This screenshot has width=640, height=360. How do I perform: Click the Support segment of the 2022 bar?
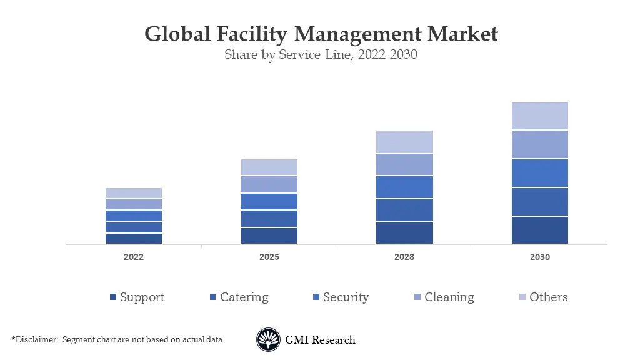point(134,238)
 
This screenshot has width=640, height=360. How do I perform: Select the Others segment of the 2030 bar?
point(539,116)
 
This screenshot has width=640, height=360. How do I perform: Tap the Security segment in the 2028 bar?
point(404,187)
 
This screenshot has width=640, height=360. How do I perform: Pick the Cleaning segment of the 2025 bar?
point(269,184)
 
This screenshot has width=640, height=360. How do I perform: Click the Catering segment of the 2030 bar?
point(539,201)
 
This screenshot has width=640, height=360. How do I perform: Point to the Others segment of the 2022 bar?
point(134,193)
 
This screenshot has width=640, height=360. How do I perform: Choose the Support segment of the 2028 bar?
point(404,232)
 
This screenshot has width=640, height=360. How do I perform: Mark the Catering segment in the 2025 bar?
point(269,219)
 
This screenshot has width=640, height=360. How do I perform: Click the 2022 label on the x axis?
point(134,257)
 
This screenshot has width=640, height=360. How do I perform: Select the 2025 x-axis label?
point(269,257)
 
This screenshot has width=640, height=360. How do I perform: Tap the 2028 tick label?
point(404,257)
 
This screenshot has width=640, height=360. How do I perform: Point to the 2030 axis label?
point(539,257)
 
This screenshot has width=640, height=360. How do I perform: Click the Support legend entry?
point(137,297)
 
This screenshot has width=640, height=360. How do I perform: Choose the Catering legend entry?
point(239,297)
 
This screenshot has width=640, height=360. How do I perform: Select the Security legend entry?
point(341,297)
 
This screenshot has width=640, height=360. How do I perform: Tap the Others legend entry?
point(543,297)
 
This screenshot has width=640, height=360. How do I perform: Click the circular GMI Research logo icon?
point(268,340)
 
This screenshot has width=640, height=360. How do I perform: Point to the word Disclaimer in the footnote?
point(36,340)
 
